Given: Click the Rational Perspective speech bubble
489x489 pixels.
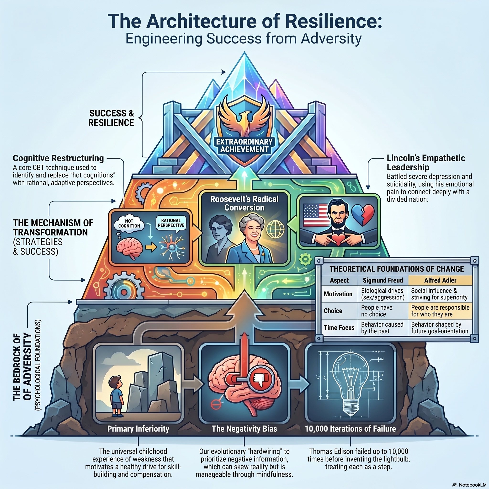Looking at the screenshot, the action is (x=171, y=223).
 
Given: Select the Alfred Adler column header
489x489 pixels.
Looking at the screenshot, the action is (x=440, y=280).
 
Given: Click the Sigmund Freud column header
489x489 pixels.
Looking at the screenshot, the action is (x=383, y=280).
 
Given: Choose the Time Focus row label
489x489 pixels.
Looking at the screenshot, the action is (x=339, y=328).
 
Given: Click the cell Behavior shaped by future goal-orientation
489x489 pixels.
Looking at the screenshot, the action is (x=440, y=328).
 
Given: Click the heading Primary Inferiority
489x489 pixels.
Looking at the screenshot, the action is (x=138, y=429).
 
